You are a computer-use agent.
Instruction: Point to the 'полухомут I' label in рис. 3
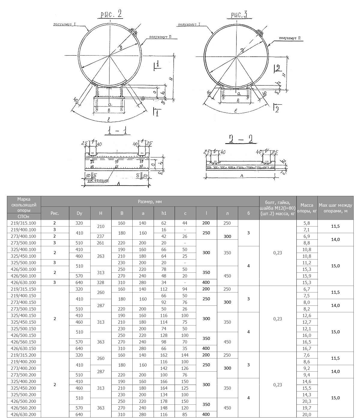click(189, 24)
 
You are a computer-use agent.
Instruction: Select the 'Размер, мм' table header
click(150, 202)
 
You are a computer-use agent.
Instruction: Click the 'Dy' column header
click(79, 213)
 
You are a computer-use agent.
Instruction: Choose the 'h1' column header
click(164, 213)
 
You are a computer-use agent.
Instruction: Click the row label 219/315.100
click(24, 223)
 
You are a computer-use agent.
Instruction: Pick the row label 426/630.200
click(24, 415)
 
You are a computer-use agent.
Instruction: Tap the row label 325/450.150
click(24, 322)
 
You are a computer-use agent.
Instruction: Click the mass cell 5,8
click(307, 223)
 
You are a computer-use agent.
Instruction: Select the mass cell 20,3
click(307, 401)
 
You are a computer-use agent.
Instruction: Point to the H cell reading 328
click(101, 283)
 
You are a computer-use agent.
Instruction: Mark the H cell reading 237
click(101, 236)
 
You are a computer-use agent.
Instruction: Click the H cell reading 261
click(101, 243)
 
